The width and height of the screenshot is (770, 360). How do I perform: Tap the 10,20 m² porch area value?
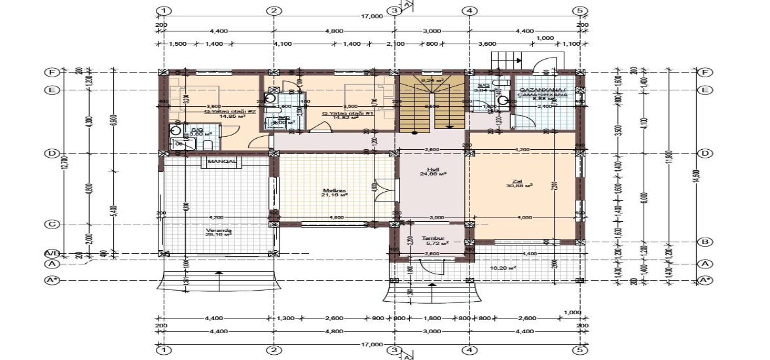tap(504, 268)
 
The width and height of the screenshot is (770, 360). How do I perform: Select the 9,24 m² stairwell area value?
tap(432, 80)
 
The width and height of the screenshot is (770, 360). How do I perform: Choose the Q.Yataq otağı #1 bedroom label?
tap(339, 113)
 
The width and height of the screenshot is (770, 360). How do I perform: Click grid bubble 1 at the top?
tap(164, 11)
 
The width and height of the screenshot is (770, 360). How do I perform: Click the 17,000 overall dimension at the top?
tap(371, 16)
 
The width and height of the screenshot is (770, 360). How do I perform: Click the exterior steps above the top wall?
tap(504, 61)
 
